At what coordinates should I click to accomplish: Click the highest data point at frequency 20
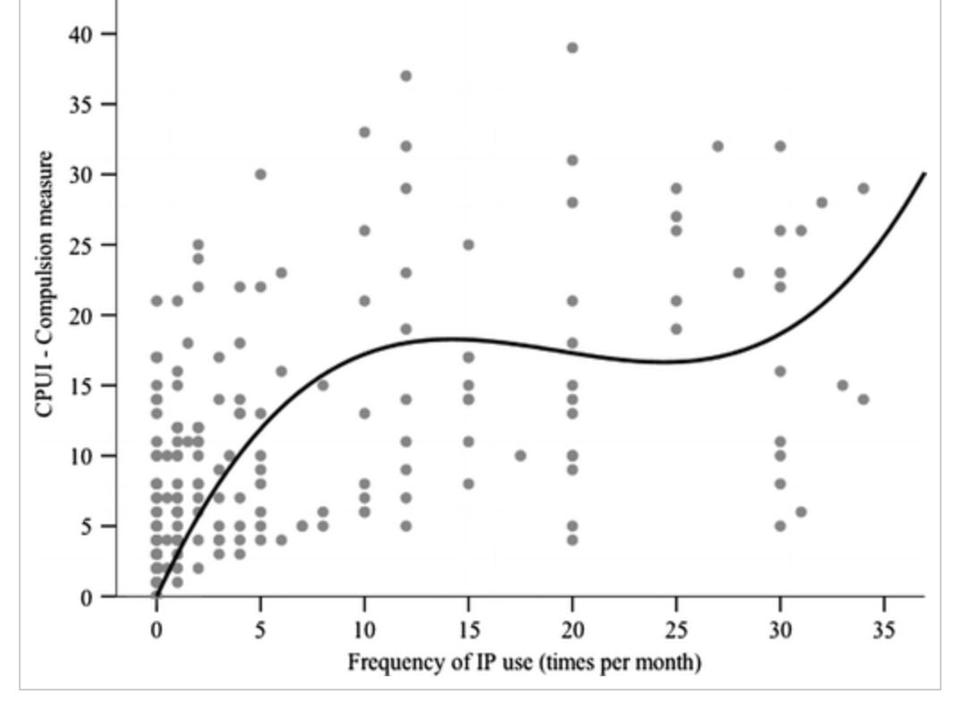pos(572,47)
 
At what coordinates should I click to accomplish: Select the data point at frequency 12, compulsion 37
pos(406,76)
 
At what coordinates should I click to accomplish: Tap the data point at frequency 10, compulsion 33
pos(365,132)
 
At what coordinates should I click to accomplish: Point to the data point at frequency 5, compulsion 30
pos(260,174)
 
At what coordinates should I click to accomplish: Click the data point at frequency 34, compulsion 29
pos(863,188)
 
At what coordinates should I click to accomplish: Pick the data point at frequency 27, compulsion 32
pos(717,146)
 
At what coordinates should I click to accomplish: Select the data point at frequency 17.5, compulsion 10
pos(520,456)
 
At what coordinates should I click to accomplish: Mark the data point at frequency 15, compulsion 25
pos(468,245)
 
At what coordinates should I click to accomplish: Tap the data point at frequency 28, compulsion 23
pos(739,272)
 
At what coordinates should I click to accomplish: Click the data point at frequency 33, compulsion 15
pos(842,385)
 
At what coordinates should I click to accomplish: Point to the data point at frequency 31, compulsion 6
pos(801,512)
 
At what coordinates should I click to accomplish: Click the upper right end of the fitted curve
pos(924,174)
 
